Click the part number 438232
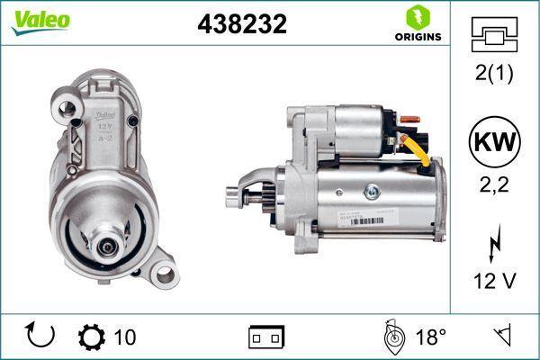241,25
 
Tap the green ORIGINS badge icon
415,18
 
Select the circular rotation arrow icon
40,336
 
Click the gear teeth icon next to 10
91,337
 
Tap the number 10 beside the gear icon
125,337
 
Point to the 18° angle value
431,337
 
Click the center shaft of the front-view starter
106,242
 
